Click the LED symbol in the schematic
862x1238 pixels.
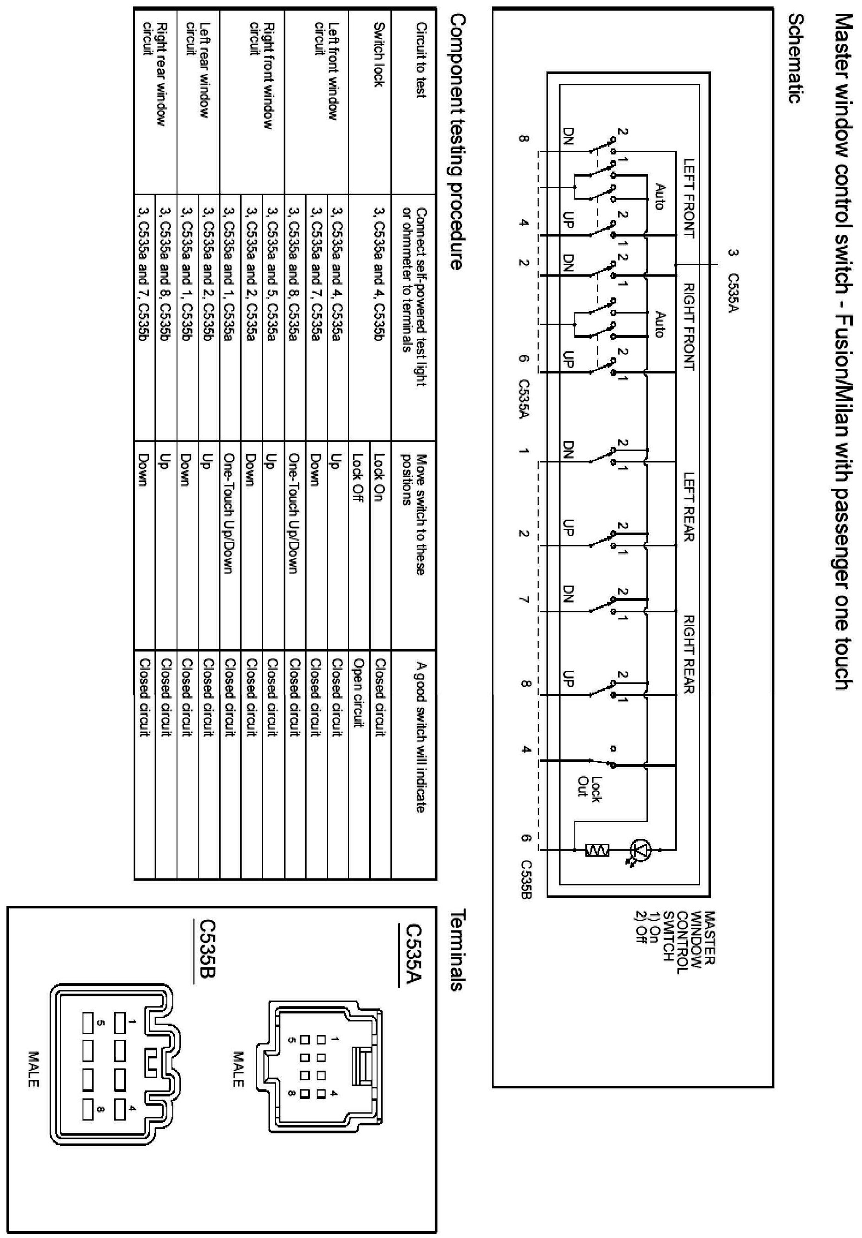[x=641, y=851]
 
